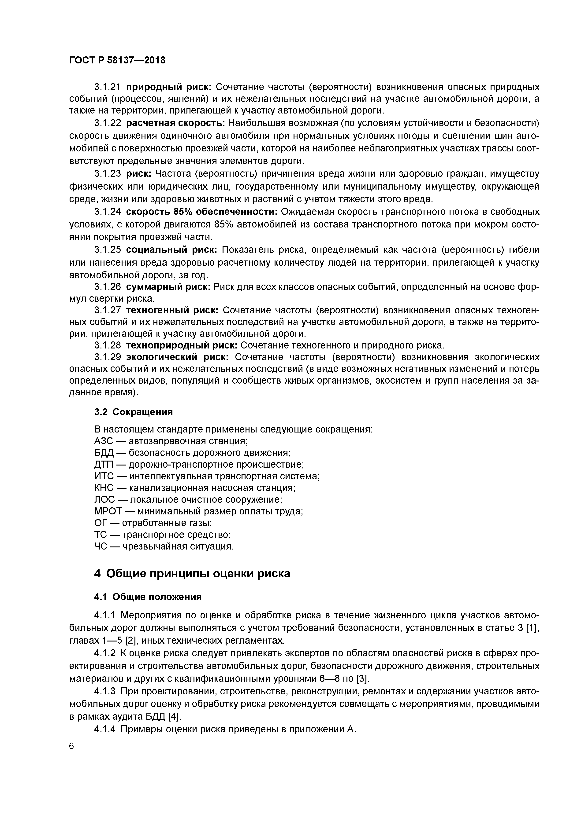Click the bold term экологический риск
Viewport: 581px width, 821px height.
tap(177, 357)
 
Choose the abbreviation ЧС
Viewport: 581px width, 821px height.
tap(101, 546)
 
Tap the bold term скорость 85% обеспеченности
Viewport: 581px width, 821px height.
tap(202, 212)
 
